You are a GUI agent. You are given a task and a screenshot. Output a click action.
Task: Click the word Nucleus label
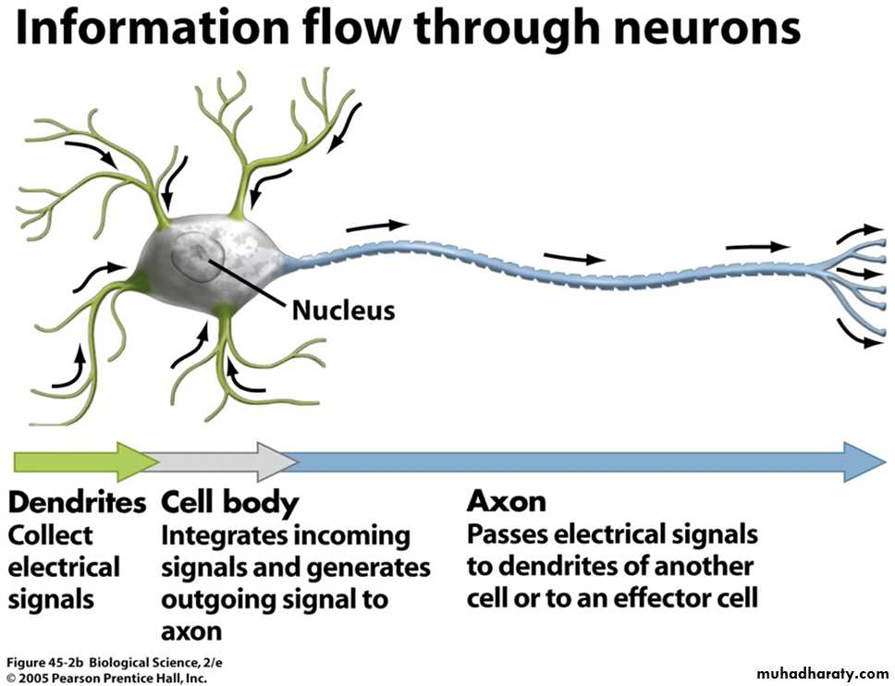click(x=343, y=310)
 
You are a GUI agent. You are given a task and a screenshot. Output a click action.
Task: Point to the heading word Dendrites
click(x=78, y=503)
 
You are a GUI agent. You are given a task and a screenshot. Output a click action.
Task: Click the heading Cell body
click(x=230, y=503)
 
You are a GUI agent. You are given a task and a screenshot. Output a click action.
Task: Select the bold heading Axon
click(x=506, y=501)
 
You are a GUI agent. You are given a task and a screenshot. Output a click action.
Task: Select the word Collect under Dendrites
click(x=51, y=535)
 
